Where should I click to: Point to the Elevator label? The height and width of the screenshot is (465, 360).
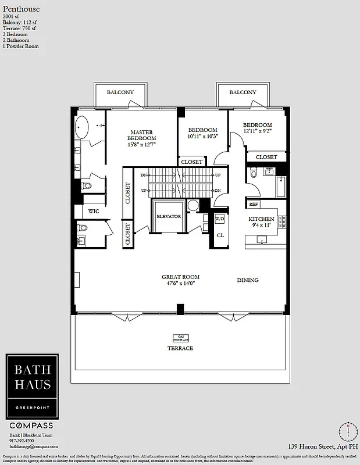(x=169, y=216)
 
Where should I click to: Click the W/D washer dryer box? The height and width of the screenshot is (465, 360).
(x=219, y=219)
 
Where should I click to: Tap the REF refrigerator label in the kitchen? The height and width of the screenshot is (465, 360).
(x=254, y=204)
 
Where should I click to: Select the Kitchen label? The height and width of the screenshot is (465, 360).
(x=261, y=219)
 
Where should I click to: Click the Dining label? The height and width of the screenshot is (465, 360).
(x=247, y=280)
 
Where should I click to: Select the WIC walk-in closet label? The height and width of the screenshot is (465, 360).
(x=94, y=212)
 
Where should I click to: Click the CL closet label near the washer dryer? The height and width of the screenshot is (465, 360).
(x=220, y=235)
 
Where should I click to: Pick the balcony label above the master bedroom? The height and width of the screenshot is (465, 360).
(x=120, y=92)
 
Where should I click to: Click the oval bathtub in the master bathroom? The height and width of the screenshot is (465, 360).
(x=83, y=126)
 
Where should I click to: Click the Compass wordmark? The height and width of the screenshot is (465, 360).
(x=32, y=426)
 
